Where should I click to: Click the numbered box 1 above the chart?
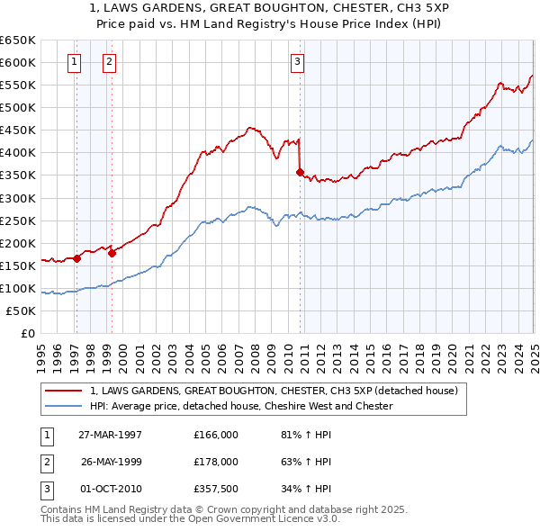[73, 62]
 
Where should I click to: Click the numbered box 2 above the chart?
[109, 62]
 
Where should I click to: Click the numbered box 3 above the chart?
[297, 62]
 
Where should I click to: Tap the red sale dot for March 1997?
[77, 258]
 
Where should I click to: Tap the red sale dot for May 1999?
[112, 253]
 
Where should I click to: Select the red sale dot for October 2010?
[301, 172]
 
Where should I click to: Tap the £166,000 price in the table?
[216, 435]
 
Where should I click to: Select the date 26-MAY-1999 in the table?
[112, 462]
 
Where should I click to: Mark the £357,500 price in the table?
[216, 489]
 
